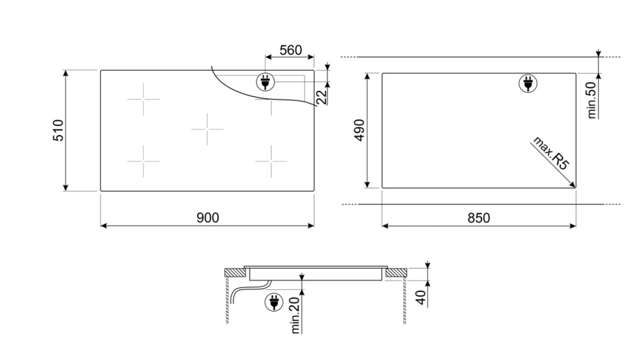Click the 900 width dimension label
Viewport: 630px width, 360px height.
point(208,218)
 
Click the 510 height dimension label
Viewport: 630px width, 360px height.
point(58,131)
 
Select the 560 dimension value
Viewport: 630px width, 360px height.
point(290,50)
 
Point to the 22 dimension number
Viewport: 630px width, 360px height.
point(322,97)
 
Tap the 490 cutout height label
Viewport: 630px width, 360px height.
point(359,131)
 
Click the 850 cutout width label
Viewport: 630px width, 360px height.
point(479,218)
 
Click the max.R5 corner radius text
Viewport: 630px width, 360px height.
point(551,154)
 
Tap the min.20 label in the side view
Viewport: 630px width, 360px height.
point(295,315)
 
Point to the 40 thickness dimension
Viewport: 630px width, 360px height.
point(420,297)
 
